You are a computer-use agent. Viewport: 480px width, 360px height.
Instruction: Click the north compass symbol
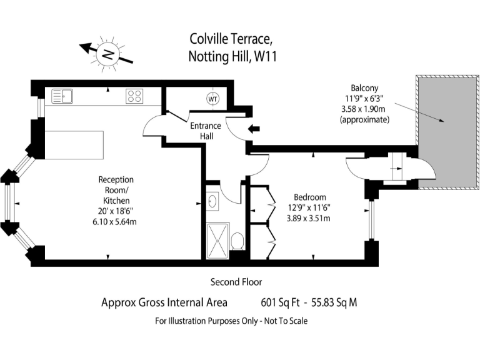[x=107, y=54]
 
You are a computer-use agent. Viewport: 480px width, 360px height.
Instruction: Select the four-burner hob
[x=134, y=96]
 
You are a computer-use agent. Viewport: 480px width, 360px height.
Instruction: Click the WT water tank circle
[x=212, y=99]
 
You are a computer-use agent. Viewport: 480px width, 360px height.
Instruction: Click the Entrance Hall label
[x=206, y=131]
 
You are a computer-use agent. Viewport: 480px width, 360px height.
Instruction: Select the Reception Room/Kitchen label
[x=116, y=190]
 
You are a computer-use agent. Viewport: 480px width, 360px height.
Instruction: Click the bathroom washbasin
[x=212, y=202]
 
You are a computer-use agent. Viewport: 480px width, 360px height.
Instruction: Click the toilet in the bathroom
[x=237, y=241]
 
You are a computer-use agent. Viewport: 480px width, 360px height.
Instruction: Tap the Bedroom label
[x=307, y=197]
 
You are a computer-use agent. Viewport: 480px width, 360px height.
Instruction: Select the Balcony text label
[x=364, y=88]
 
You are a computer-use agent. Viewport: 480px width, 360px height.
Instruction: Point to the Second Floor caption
[x=236, y=282]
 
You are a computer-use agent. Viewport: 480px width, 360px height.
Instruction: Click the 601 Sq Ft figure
[x=280, y=303]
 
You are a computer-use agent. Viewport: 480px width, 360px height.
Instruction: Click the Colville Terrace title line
[x=231, y=39]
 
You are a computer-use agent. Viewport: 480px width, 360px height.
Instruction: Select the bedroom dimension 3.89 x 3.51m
[x=307, y=218]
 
